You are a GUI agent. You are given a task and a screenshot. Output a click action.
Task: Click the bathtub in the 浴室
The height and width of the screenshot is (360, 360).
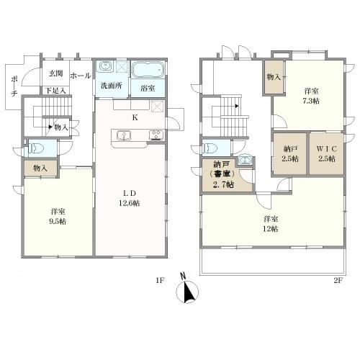click(148, 70)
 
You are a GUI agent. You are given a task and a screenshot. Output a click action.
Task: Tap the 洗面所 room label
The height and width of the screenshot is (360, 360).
click(112, 86)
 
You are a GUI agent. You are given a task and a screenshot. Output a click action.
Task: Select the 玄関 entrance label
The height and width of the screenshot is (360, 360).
click(56, 73)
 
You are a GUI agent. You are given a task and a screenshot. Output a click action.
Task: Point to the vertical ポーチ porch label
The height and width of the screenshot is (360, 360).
click(14, 86)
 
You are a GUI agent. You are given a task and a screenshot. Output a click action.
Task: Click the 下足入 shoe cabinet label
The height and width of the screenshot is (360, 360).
click(55, 91)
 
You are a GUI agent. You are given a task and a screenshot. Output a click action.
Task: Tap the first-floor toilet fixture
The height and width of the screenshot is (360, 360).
click(35, 148)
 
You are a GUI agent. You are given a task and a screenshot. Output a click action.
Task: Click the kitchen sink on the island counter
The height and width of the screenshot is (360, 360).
click(124, 135)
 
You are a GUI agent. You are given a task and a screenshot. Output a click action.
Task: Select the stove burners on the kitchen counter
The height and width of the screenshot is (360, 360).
click(156, 135)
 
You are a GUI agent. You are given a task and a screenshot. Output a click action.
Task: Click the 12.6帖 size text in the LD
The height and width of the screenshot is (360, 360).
click(130, 203)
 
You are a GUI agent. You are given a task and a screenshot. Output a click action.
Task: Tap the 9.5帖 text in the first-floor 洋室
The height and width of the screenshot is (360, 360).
click(58, 221)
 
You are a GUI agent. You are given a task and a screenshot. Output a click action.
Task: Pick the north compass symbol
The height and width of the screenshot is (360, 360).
click(187, 289)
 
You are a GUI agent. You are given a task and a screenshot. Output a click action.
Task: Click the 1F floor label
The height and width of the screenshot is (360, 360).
click(160, 280)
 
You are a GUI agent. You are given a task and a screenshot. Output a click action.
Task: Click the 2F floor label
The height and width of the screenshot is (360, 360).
click(338, 280)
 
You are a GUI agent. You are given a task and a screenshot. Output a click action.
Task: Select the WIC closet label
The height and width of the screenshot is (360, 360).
click(327, 149)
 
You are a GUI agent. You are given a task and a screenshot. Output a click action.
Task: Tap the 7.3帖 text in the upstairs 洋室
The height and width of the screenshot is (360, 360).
click(311, 101)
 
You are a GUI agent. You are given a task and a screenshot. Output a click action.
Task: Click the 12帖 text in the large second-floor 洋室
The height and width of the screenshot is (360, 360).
click(271, 229)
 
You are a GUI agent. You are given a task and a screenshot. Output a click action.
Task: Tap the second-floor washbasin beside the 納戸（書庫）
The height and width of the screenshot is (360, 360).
click(245, 160)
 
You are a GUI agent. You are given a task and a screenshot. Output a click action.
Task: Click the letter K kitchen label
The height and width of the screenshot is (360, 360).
click(135, 117)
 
